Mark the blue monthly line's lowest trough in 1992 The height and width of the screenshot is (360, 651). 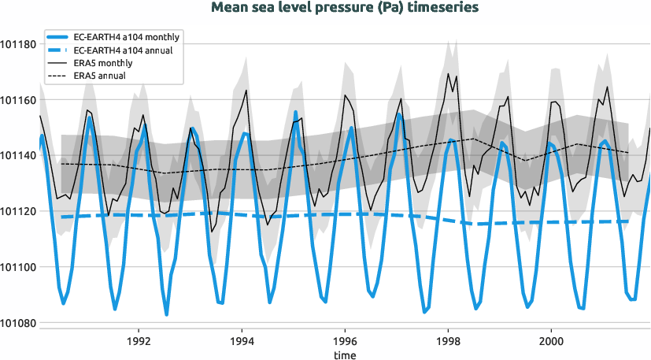coord(166,315)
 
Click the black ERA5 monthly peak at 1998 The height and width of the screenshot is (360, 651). coord(449,74)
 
